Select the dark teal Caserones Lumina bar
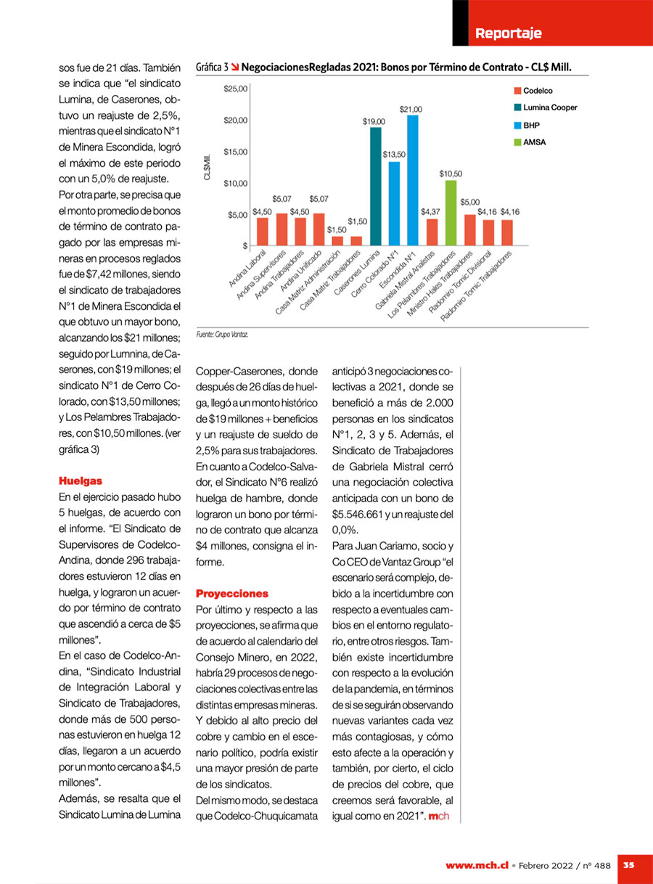(x=376, y=187)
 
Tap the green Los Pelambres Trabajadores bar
(x=451, y=213)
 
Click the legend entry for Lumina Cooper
(x=544, y=107)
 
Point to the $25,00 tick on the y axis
(x=236, y=89)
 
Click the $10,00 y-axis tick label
(x=236, y=183)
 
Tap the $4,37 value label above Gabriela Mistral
(x=431, y=211)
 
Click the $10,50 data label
(x=451, y=174)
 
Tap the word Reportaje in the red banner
(x=508, y=33)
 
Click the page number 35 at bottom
(x=629, y=864)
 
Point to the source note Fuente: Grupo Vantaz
(x=223, y=335)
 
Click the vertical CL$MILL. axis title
(x=208, y=168)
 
